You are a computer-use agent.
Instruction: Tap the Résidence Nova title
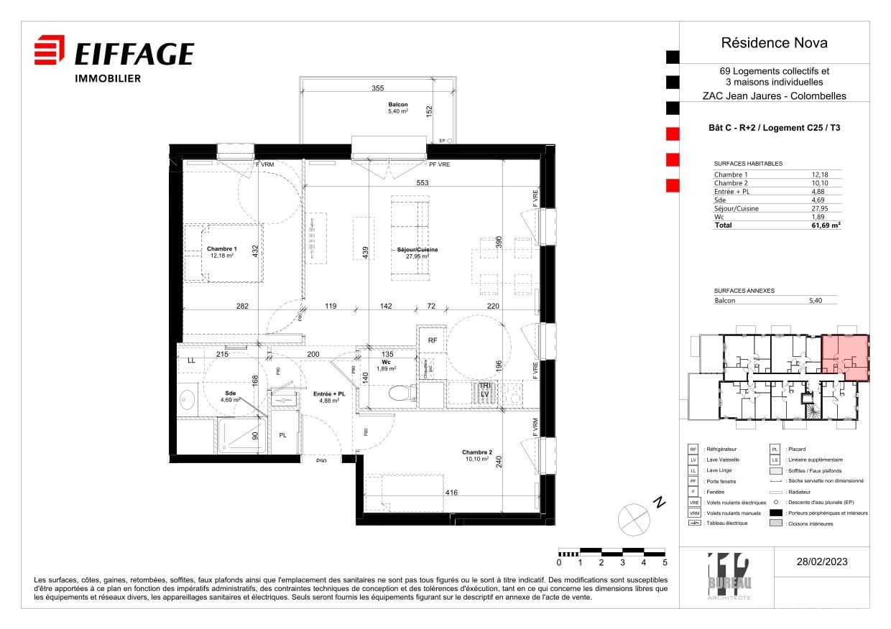point(774,43)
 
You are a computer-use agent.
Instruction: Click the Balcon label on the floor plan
point(398,105)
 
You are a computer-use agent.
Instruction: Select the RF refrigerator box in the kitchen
point(433,340)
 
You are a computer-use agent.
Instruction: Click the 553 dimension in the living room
point(422,183)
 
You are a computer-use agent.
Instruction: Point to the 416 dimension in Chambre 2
point(451,493)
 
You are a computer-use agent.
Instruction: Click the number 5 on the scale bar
point(665,563)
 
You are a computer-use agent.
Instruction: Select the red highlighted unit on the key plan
point(845,357)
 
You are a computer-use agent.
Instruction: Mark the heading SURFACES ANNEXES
point(744,291)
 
